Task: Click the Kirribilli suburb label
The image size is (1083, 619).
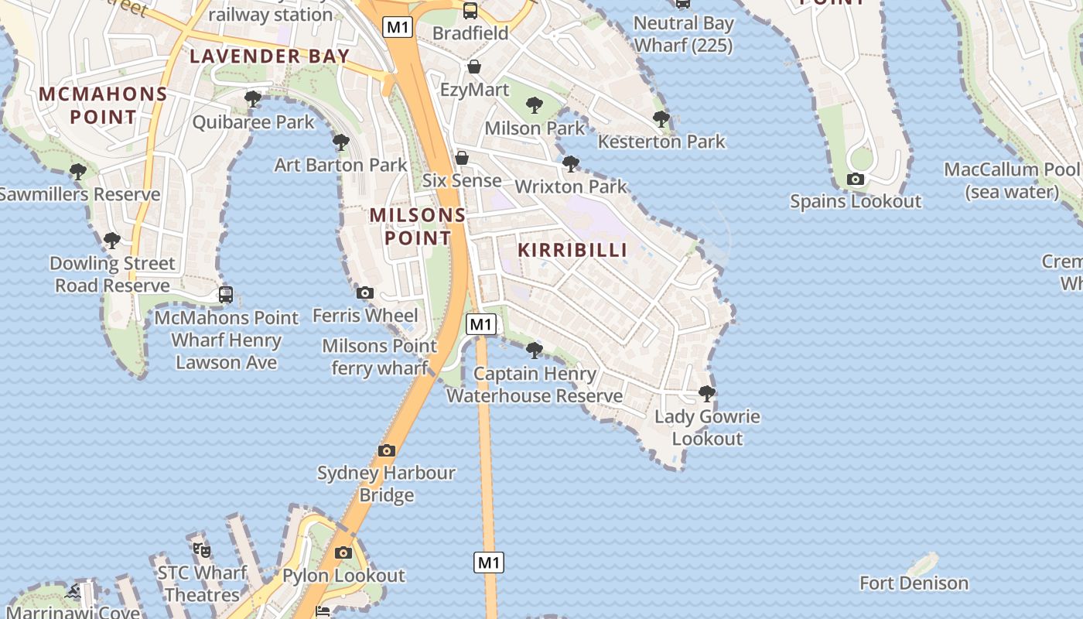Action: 572,250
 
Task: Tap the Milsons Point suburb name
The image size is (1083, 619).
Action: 418,226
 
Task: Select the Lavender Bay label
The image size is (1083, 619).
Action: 270,56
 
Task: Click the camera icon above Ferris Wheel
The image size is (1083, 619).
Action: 365,292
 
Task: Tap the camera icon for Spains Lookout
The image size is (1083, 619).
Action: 856,180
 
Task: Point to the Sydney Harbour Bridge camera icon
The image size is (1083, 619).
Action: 387,450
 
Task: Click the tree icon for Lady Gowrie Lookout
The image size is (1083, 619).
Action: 706,394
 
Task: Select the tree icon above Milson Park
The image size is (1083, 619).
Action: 534,105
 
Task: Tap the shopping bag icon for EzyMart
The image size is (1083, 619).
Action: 474,67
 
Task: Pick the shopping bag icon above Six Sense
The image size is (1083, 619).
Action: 462,158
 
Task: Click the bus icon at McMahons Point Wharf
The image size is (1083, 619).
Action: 226,295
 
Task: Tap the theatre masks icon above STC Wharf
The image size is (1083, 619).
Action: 202,550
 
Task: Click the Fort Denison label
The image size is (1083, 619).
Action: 914,583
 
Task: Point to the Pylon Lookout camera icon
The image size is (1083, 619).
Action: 343,552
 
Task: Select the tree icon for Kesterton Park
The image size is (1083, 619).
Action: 661,119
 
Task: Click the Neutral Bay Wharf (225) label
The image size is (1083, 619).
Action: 683,35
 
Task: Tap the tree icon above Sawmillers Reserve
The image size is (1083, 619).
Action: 77,172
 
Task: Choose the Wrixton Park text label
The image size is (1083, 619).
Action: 571,186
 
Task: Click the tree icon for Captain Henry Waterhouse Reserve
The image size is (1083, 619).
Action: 534,351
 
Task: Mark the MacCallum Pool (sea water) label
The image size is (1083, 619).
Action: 1012,180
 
